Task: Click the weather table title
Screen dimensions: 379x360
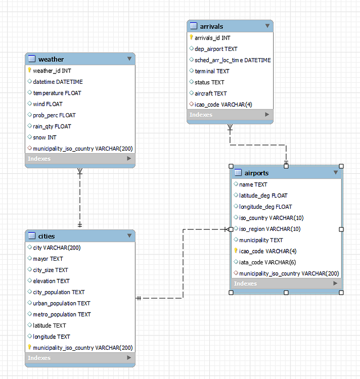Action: [51, 59]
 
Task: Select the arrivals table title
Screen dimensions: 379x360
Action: [211, 26]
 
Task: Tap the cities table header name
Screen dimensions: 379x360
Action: [46, 236]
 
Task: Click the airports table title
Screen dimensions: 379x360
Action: [256, 173]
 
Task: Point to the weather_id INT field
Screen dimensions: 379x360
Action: [52, 70]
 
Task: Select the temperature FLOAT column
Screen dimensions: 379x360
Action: [57, 93]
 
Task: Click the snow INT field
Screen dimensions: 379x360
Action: [45, 137]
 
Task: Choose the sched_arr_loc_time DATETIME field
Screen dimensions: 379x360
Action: [232, 60]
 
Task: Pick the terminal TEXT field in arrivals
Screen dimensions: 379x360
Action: [212, 71]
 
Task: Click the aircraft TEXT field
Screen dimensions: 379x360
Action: [210, 94]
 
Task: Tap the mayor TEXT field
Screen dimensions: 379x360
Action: [48, 259]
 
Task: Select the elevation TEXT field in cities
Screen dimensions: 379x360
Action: [51, 281]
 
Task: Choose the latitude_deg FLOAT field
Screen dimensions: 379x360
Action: [263, 195]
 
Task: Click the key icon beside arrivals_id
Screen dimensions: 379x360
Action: [191, 38]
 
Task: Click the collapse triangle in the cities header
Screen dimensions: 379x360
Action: [129, 236]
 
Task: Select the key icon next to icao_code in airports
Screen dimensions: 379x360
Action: [236, 251]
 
